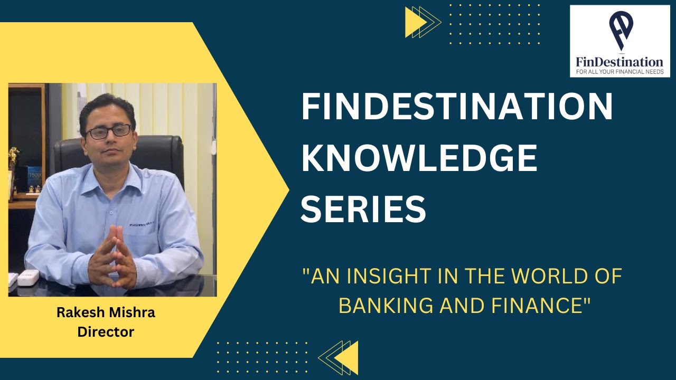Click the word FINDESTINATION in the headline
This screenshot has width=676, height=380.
[457, 108]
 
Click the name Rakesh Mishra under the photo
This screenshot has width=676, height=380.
[106, 312]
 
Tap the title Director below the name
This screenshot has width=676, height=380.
[106, 332]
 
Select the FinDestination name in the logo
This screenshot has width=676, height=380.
[619, 62]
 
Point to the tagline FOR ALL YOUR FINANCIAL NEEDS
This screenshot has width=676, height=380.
[619, 72]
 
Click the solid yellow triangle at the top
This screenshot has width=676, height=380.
[415, 22]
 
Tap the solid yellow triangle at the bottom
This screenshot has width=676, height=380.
[348, 357]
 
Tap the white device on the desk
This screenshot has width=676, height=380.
[28, 277]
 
